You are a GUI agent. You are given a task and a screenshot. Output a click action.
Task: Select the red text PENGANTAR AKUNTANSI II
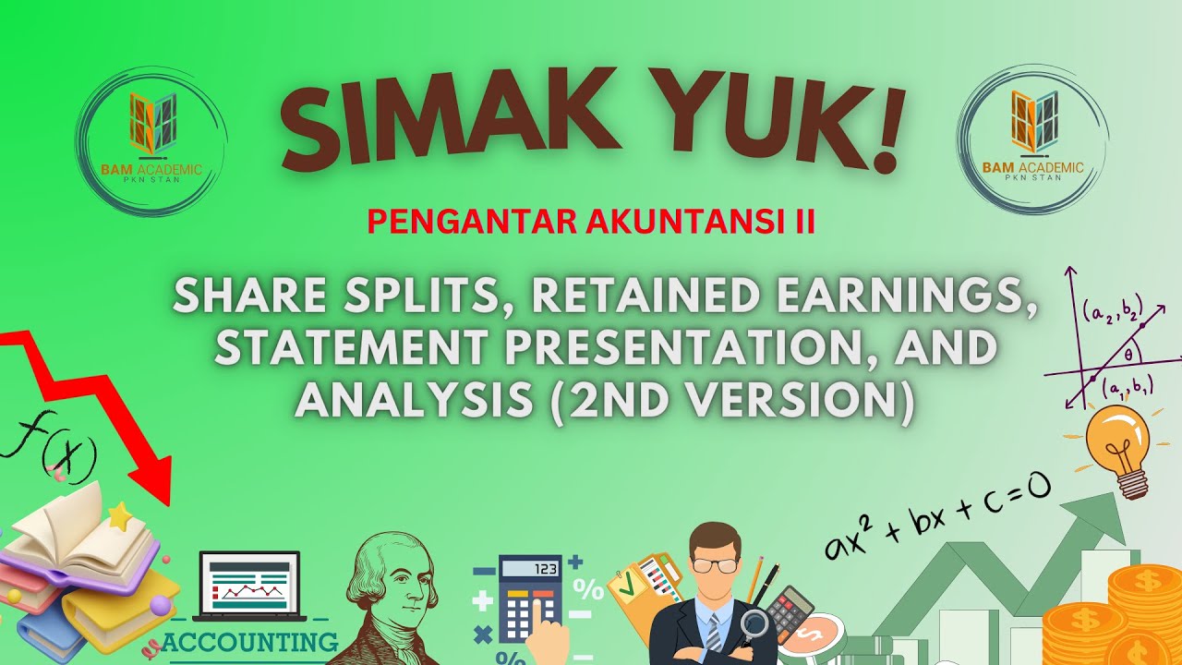591,223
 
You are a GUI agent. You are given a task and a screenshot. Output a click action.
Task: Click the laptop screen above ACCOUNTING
249,586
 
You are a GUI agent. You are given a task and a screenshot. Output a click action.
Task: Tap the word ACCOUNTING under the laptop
249,641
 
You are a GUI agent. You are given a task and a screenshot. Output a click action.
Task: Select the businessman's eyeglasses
717,563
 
